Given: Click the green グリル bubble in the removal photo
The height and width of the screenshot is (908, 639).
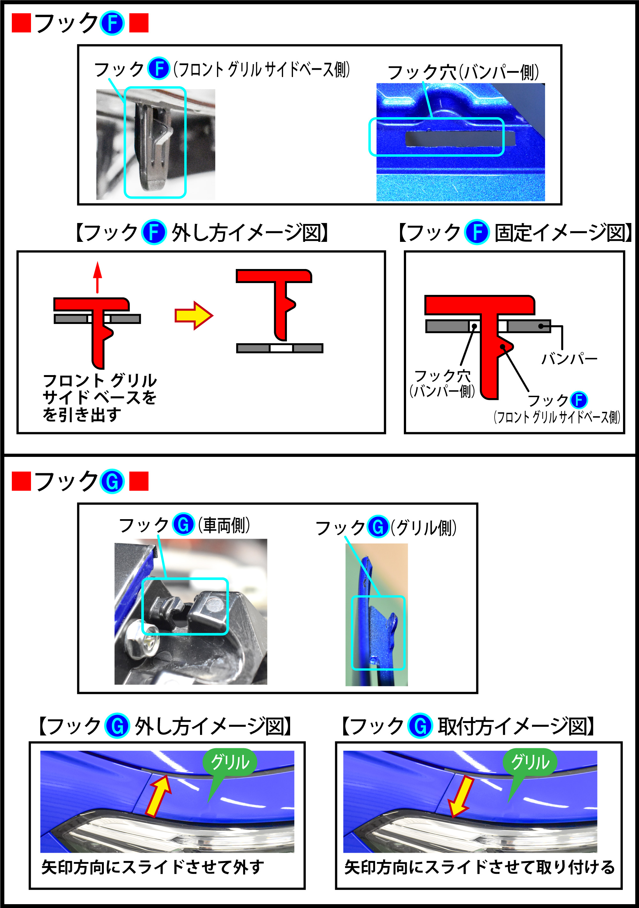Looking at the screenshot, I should tap(230, 761).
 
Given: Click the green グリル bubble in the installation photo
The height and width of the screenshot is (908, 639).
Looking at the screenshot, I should tap(530, 761).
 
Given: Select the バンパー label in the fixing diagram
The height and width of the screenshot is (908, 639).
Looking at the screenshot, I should tap(569, 359).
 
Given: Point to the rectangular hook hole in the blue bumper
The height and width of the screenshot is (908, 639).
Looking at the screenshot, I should tap(459, 138).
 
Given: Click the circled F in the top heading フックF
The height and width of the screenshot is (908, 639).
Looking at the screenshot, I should tap(112, 23).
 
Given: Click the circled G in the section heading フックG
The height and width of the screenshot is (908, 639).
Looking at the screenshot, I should tap(112, 481).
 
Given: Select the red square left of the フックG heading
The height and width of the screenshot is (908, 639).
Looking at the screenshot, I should tap(21, 481).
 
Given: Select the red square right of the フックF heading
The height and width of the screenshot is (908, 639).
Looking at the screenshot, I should tap(139, 23).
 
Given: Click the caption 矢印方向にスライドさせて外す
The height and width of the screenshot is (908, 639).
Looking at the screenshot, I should tap(153, 867).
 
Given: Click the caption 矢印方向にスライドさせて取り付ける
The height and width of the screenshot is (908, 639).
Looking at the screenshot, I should tap(479, 867).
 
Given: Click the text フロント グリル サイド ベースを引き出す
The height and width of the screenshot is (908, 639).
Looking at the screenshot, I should tap(100, 397).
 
